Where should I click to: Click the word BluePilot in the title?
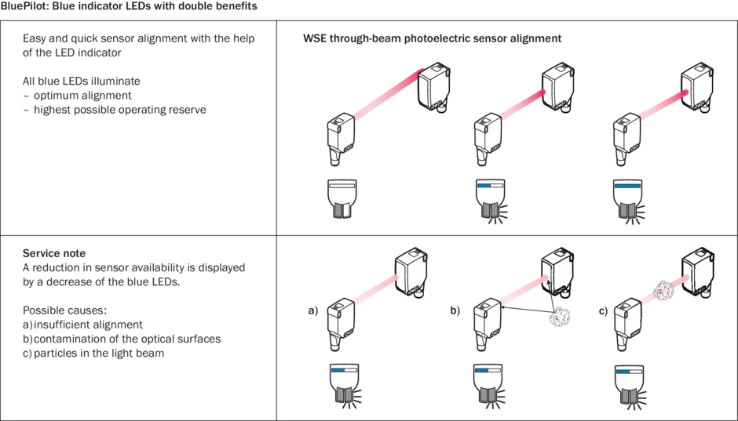(24, 6)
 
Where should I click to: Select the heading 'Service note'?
(54, 253)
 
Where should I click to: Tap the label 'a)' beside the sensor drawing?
(312, 311)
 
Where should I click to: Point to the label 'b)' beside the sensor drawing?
(455, 311)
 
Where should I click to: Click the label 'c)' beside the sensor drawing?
(603, 311)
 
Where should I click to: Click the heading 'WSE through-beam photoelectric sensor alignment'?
(432, 38)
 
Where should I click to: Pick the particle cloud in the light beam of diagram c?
(659, 288)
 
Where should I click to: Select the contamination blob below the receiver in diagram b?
(563, 316)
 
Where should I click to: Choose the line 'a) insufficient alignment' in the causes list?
(82, 325)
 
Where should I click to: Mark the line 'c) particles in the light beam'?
(95, 353)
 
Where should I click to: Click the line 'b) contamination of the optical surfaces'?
(122, 339)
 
